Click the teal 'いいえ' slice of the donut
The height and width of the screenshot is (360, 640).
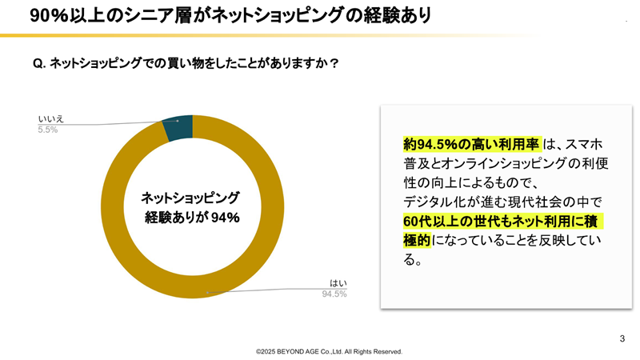178,130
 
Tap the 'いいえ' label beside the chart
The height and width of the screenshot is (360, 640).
50,118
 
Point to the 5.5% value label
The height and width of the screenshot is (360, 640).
48,130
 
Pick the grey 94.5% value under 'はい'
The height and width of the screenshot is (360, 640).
334,294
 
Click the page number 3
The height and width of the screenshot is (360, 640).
622,338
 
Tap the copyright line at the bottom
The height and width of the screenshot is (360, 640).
329,351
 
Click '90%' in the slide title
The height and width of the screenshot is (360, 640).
46,15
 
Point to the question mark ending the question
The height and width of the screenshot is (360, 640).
334,64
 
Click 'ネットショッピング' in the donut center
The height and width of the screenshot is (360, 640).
190,197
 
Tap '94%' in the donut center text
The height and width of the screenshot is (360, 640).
225,217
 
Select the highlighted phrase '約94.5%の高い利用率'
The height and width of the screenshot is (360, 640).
471,145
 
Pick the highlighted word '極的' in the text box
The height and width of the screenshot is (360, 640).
418,240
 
